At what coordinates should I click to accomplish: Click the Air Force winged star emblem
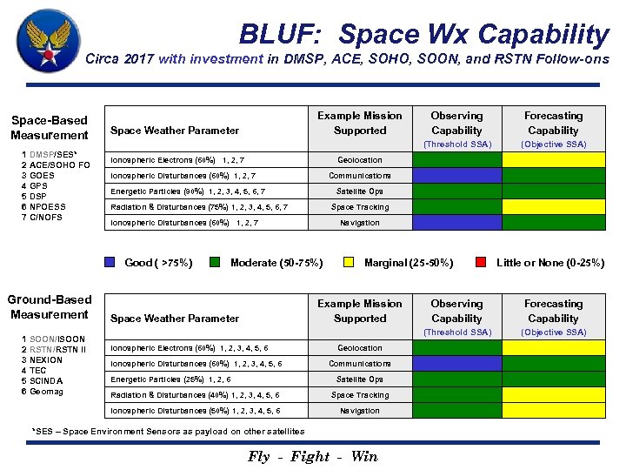pyautogui.click(x=49, y=41)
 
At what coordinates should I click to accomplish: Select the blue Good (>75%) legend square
pyautogui.click(x=110, y=262)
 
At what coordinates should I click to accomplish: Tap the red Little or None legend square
pyautogui.click(x=482, y=262)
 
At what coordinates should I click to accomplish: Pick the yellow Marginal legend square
pyautogui.click(x=349, y=262)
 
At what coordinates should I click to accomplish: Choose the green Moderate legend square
pyautogui.click(x=214, y=262)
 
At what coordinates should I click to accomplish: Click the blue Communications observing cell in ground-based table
pyautogui.click(x=456, y=364)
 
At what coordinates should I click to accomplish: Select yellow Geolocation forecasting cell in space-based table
pyautogui.click(x=553, y=160)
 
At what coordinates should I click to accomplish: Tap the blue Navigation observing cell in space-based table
pyautogui.click(x=456, y=223)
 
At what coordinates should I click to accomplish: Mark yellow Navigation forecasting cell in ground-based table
pyautogui.click(x=553, y=411)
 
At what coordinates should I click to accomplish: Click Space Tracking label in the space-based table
pyautogui.click(x=360, y=207)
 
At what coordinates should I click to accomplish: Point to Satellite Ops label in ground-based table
pyautogui.click(x=360, y=379)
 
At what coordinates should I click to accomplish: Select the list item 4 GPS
pyautogui.click(x=37, y=185)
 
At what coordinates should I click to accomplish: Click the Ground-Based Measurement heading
pyautogui.click(x=50, y=307)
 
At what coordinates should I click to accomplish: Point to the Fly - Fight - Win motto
pyautogui.click(x=313, y=456)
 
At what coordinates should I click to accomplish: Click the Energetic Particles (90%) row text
pyautogui.click(x=187, y=191)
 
